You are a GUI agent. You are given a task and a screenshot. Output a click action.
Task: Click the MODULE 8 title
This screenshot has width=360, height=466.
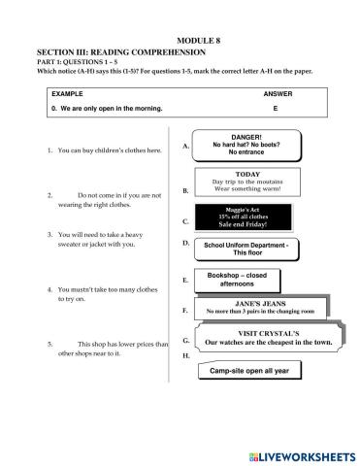click(180, 39)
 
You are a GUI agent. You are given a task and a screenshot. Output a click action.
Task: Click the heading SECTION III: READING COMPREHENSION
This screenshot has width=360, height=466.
click(120, 50)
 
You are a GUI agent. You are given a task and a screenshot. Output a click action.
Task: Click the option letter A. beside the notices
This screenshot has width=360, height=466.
click(184, 147)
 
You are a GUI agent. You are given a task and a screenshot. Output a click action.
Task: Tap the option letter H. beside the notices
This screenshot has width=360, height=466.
click(184, 356)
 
